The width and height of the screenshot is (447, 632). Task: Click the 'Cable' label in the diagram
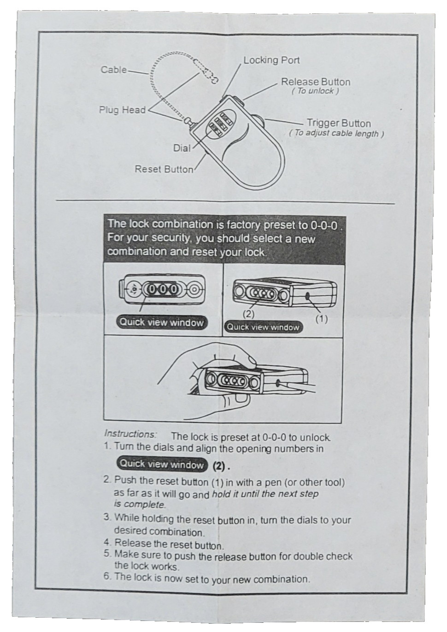113,70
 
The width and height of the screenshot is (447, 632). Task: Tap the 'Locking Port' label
271,60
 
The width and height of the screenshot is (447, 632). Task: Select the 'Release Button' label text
316,82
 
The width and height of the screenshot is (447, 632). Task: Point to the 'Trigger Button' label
339,123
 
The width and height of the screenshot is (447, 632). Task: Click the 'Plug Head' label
122,110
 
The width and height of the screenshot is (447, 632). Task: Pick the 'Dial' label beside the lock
182,148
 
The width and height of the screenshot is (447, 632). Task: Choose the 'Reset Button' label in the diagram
164,169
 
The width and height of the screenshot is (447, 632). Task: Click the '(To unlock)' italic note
315,91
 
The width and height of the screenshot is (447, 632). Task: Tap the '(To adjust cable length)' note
336,133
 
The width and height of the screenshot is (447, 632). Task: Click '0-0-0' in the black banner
326,225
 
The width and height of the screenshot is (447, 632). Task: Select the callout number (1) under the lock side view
321,318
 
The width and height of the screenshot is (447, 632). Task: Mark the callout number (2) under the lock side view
248,314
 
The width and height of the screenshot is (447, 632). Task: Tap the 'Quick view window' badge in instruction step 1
161,464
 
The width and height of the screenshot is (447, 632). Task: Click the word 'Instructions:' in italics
130,434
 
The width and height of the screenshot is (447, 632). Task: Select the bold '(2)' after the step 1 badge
221,465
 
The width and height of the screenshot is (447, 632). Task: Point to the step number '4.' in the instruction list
108,543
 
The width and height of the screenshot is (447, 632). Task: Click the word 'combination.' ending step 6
282,579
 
